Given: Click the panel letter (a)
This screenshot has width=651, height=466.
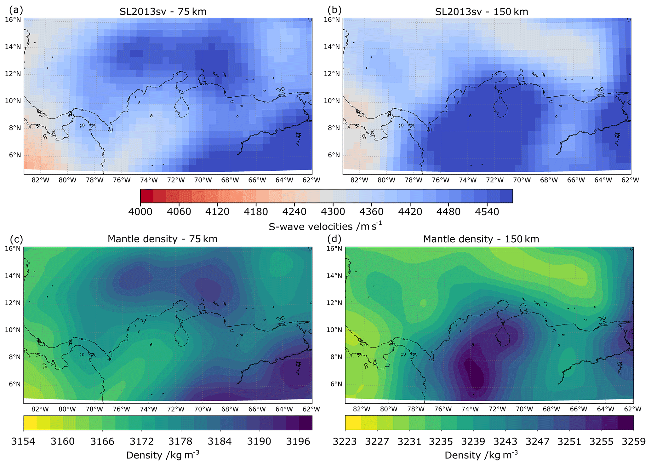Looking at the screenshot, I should (16, 10).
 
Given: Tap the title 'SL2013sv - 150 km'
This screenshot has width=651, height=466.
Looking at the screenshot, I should (482, 12).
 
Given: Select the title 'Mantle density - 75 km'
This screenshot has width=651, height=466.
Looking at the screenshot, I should (163, 239).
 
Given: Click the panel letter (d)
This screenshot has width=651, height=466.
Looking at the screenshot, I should (334, 239).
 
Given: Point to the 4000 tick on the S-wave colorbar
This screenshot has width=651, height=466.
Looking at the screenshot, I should (140, 211).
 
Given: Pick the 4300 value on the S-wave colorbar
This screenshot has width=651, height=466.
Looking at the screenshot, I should (333, 211).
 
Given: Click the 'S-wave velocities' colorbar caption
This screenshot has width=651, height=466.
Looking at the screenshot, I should (325, 226).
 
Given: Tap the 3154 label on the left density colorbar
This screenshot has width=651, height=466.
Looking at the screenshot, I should (23, 441).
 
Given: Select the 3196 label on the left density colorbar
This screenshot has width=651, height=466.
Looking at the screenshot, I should (298, 441).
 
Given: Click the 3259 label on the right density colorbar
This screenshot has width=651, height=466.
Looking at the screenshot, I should (634, 441).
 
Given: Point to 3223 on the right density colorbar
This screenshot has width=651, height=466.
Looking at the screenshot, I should (345, 441).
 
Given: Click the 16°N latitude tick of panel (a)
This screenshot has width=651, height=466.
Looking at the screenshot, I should (13, 20).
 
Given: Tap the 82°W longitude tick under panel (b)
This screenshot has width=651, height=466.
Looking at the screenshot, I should (359, 180).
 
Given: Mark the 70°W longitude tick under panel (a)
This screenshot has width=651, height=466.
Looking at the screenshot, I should (203, 180).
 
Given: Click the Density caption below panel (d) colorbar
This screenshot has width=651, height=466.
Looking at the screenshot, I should (481, 455).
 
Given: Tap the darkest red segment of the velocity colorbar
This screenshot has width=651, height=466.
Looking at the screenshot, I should (147, 196).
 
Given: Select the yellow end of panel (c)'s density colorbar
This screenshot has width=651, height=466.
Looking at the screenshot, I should (30, 423).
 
